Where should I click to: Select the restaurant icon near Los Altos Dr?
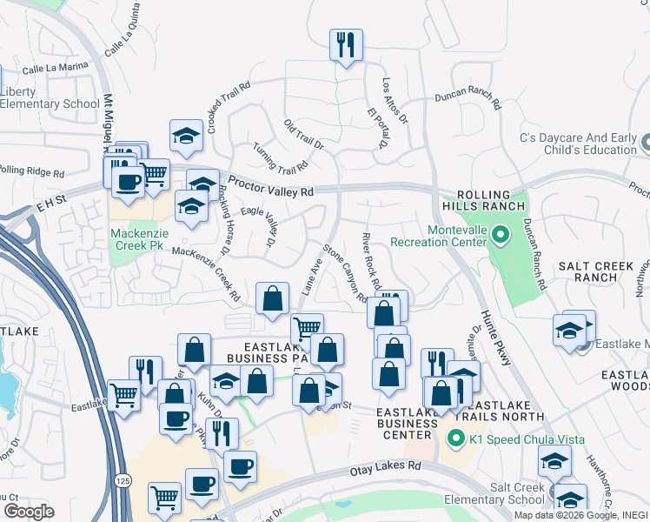346,44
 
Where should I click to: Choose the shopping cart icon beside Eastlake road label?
124,394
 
